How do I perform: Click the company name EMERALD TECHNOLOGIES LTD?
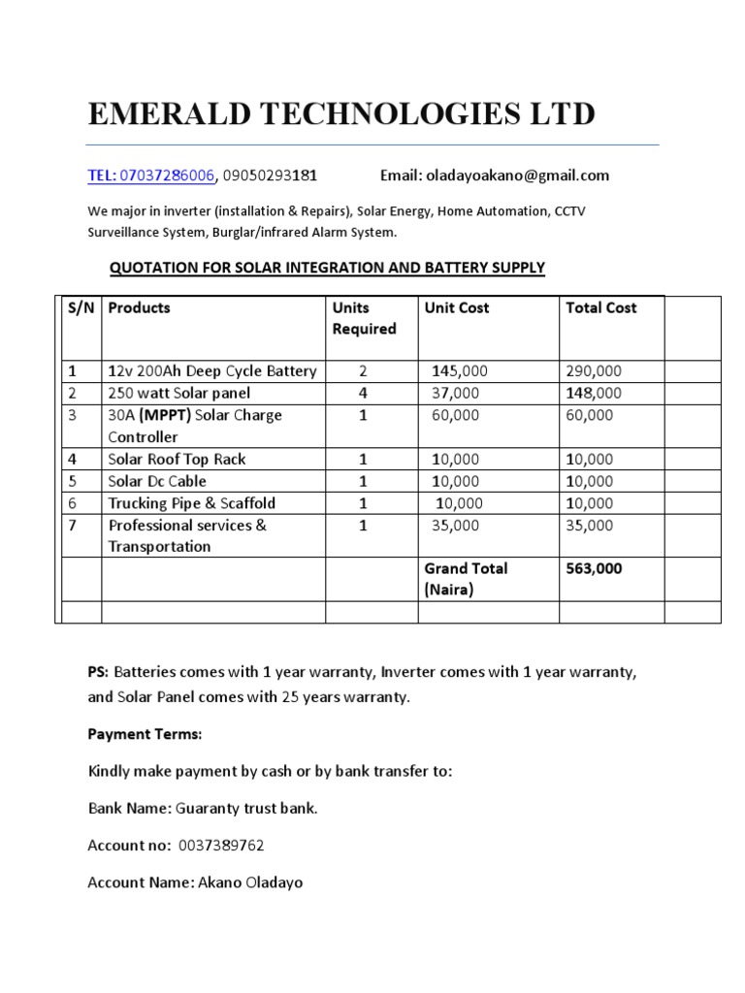click(341, 114)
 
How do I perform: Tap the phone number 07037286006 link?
click(166, 176)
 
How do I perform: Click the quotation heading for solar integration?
click(327, 268)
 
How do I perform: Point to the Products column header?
click(139, 308)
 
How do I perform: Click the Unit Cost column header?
click(456, 308)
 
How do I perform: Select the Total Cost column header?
click(600, 308)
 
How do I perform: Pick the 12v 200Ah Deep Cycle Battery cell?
click(212, 371)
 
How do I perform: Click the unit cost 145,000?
click(460, 371)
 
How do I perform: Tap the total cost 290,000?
click(593, 371)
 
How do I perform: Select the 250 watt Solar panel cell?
click(179, 393)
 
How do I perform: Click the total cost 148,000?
click(593, 393)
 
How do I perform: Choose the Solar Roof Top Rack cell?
click(178, 460)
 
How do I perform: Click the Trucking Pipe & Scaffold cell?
click(192, 503)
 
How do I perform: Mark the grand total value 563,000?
click(594, 569)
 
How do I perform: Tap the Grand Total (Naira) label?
click(466, 579)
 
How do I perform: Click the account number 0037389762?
click(221, 846)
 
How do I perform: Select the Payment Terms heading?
click(145, 734)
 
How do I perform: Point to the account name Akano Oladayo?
click(249, 883)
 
